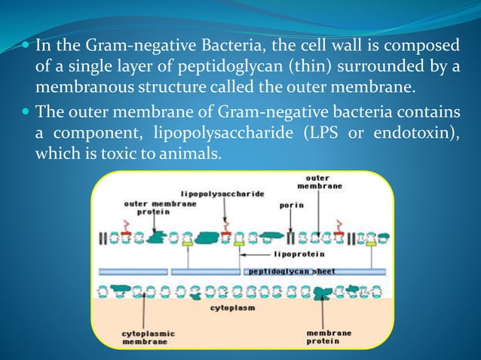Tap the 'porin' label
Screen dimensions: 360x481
tap(291, 204)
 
